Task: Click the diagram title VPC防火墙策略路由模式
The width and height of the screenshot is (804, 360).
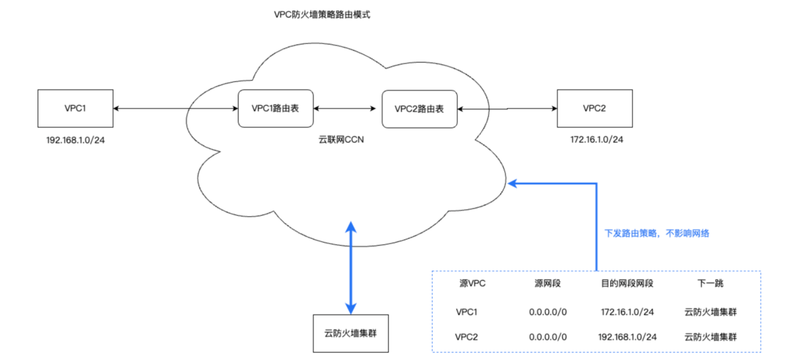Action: point(322,15)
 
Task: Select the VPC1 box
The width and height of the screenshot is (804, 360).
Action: point(75,108)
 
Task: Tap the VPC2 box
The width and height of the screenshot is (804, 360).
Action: point(594,108)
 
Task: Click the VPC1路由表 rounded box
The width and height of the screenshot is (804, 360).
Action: point(275,108)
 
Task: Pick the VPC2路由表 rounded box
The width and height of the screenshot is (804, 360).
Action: point(419,109)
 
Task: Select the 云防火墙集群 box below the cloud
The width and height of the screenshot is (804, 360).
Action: point(350,334)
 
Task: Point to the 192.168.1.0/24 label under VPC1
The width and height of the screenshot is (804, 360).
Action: point(75,140)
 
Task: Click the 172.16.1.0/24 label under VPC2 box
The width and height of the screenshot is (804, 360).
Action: point(596,140)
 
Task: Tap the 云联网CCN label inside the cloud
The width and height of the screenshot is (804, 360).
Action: point(341,140)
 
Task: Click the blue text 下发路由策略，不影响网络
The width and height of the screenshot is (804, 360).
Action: point(657,233)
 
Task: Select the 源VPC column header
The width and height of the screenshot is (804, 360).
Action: point(472,283)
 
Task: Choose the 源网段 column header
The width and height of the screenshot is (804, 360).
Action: point(548,283)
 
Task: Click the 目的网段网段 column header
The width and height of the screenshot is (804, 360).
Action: point(627,283)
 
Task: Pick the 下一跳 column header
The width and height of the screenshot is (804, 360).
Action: point(710,283)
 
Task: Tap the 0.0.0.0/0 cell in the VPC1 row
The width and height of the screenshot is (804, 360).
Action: point(548,312)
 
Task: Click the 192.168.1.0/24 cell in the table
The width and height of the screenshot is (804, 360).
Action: point(627,337)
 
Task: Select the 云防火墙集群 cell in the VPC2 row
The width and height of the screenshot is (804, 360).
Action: point(710,337)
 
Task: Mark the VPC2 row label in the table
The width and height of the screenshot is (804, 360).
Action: point(467,337)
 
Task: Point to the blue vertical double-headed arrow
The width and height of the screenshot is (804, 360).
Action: point(351,268)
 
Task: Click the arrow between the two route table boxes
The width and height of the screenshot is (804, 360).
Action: point(345,108)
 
